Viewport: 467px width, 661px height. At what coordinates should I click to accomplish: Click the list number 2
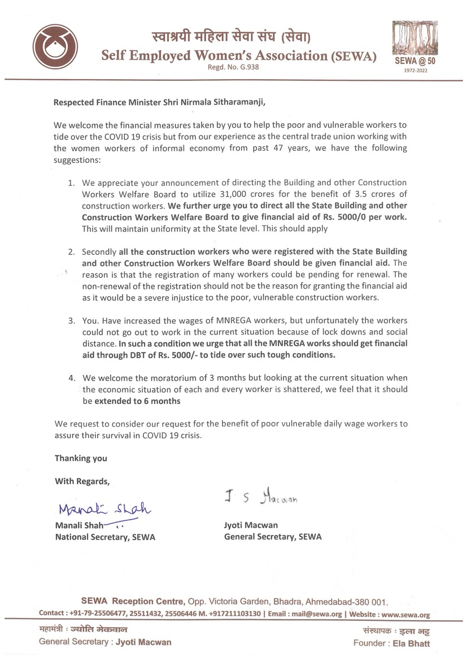tap(71, 251)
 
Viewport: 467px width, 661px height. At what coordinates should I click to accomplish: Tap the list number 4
tap(71, 377)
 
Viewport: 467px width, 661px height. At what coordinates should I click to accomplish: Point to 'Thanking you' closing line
tap(80, 458)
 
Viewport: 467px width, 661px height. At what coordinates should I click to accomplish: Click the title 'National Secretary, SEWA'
tap(104, 537)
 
